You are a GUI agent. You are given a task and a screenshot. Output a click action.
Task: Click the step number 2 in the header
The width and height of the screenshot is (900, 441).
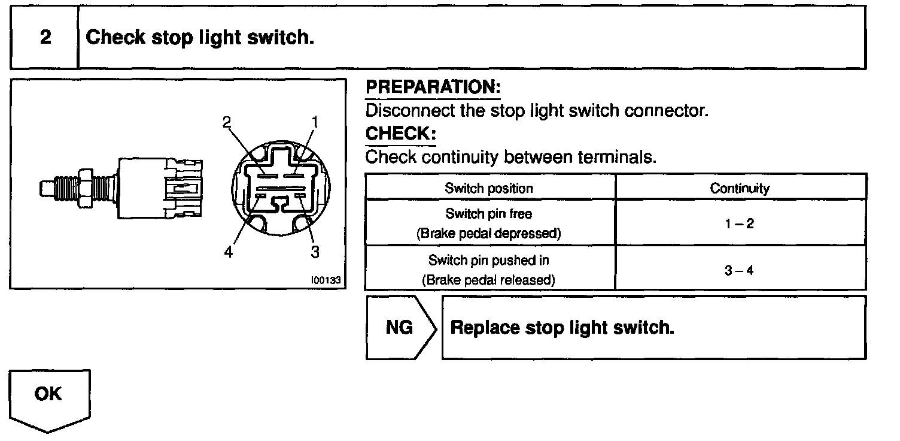pos(45,37)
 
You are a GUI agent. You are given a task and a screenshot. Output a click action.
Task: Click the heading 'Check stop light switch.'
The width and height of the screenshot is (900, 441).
pos(200,38)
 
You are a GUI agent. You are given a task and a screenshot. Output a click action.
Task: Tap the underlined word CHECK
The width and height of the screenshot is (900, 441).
pos(400,134)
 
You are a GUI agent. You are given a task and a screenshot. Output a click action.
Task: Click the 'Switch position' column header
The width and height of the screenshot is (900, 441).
pos(489,188)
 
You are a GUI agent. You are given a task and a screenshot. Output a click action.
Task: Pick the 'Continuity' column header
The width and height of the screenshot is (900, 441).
pos(740,188)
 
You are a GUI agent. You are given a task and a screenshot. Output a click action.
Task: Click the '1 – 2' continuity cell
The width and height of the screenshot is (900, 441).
pos(740,223)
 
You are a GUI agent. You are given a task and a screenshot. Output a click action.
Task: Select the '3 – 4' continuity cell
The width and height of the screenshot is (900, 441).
pos(740,270)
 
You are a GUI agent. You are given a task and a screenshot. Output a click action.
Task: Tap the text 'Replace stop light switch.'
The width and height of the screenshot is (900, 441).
pos(562,328)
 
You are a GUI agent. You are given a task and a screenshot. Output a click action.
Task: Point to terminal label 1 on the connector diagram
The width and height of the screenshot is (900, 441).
pos(315,122)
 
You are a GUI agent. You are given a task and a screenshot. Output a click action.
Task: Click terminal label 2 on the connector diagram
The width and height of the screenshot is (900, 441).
pos(227,122)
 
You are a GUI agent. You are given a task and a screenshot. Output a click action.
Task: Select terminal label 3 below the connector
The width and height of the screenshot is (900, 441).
pos(315,252)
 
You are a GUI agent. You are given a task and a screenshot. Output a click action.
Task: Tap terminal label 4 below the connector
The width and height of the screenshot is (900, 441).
pos(228,252)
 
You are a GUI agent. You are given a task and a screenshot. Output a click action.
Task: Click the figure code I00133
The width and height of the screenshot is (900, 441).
pos(326,280)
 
